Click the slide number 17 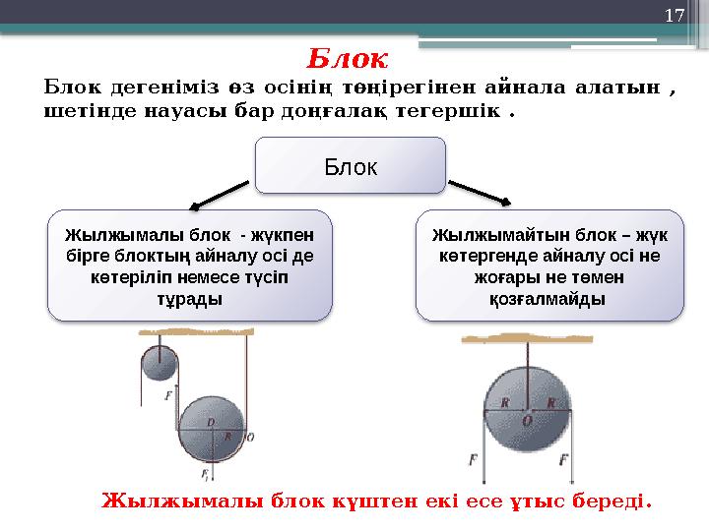(x=674, y=16)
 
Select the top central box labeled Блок (x=351, y=165)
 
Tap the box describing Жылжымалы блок (x=190, y=265)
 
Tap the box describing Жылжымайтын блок (x=548, y=265)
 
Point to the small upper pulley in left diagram (x=157, y=364)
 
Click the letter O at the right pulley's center (x=528, y=420)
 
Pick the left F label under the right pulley (x=474, y=459)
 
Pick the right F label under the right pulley (x=563, y=459)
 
